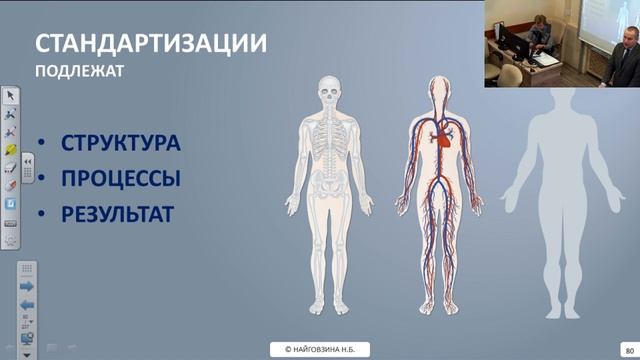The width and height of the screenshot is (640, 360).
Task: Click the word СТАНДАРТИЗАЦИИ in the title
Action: [x=150, y=44]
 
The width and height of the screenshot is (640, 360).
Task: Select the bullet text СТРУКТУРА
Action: [x=121, y=143]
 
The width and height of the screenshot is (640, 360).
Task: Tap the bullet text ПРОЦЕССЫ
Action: [x=121, y=179]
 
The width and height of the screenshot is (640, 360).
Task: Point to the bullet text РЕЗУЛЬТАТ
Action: [x=118, y=214]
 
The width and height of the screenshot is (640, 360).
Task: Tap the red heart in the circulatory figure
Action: [x=444, y=141]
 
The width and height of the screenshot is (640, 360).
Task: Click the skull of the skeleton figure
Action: [x=330, y=95]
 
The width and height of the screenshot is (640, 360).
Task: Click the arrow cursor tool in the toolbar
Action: [x=10, y=96]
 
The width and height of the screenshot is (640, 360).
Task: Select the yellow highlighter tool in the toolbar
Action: [x=10, y=150]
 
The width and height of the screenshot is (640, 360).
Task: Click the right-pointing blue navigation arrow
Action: [x=27, y=286]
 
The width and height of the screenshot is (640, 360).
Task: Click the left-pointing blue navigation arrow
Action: [x=27, y=304]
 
